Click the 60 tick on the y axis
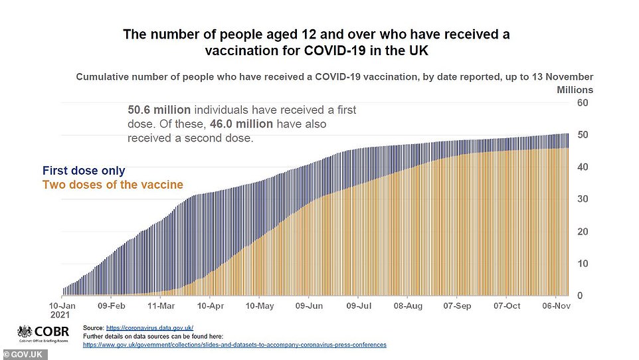pos(582,103)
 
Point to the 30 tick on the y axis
pos(582,199)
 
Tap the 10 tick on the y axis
pos(582,264)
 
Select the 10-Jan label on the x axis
pos(63,306)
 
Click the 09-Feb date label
pos(112,306)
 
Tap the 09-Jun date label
pos(309,306)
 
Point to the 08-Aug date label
pos(408,306)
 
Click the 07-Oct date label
pos(507,306)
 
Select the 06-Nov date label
pos(556,306)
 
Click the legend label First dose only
pos(84,171)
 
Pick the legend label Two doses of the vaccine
pos(112,185)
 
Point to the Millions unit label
pos(575,90)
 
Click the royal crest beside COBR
pos(25,332)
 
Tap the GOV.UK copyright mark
pos(23,355)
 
